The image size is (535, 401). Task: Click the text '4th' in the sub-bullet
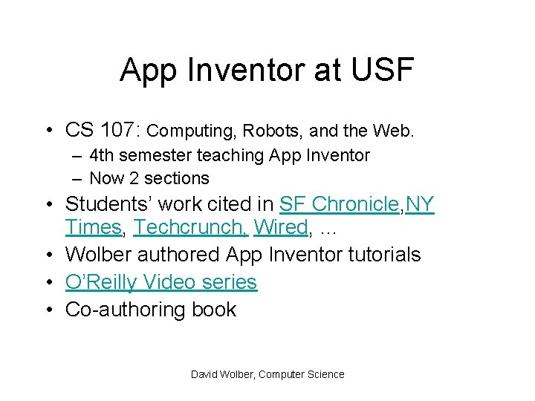pyautogui.click(x=100, y=155)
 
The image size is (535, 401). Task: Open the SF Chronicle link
pyautogui.click(x=340, y=204)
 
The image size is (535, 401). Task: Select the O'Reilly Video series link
pyautogui.click(x=161, y=282)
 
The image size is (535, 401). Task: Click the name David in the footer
pyautogui.click(x=204, y=374)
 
